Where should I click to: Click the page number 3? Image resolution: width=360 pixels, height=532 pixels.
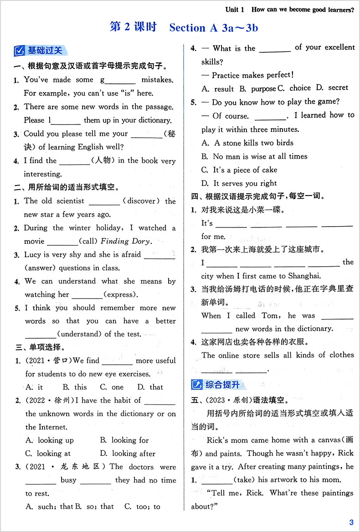[351, 522]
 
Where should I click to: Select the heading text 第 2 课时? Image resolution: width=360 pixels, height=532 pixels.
[133, 27]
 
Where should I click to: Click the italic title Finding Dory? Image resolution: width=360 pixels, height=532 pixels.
[124, 241]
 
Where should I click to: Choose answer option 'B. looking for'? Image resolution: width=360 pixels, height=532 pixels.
[124, 440]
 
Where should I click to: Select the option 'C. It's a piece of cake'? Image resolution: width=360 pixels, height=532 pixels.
[239, 170]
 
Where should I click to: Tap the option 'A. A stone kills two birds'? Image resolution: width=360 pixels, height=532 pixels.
[247, 143]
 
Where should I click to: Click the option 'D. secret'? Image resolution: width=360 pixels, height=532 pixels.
[332, 88]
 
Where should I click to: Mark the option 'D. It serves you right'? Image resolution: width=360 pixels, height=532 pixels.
[239, 183]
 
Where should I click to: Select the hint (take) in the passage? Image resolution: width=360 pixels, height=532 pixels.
[246, 480]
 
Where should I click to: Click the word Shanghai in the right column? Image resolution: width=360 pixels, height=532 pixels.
[304, 275]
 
